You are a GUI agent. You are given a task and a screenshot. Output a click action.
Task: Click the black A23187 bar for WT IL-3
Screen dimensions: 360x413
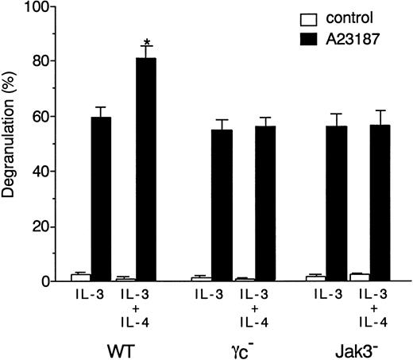(102, 199)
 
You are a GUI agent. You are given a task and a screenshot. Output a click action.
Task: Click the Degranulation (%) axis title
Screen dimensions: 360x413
(11, 144)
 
